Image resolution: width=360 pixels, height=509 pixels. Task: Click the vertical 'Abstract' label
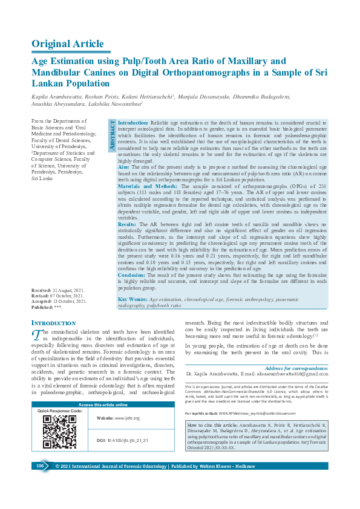click(111, 135)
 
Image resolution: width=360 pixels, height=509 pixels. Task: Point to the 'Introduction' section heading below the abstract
click(53, 323)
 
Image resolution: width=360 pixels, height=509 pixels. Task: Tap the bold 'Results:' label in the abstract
click(128, 224)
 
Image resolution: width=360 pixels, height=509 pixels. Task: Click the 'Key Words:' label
click(133, 299)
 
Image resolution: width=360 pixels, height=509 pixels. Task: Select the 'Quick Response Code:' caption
click(59, 411)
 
